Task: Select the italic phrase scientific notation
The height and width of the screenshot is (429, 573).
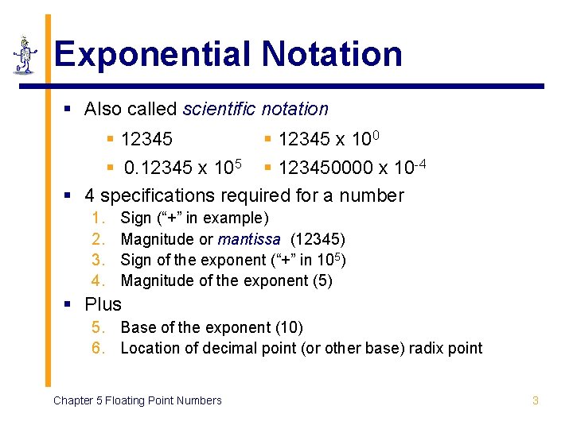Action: pyautogui.click(x=255, y=109)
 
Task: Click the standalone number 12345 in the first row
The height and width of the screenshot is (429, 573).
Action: pyautogui.click(x=146, y=140)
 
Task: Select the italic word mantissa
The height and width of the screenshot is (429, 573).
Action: pyautogui.click(x=249, y=239)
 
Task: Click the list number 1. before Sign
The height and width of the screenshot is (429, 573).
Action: pyautogui.click(x=99, y=218)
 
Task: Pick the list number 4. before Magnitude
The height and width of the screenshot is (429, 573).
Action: pyautogui.click(x=99, y=280)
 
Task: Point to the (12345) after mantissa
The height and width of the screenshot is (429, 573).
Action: pyautogui.click(x=318, y=239)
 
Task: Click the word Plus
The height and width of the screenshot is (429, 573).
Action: pyautogui.click(x=103, y=304)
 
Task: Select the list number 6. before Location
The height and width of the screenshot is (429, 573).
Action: pyautogui.click(x=99, y=348)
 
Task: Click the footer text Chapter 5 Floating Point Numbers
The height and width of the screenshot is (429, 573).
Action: pyautogui.click(x=137, y=400)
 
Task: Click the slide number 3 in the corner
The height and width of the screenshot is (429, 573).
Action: pyautogui.click(x=535, y=400)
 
